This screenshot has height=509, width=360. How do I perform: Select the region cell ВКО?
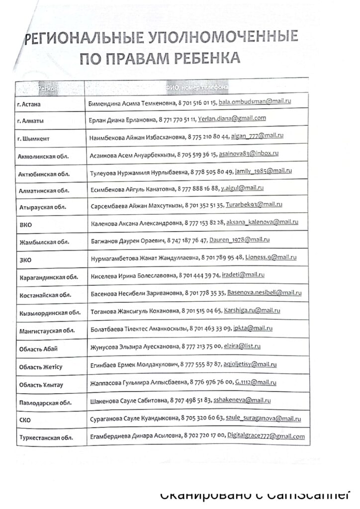click(x=24, y=225)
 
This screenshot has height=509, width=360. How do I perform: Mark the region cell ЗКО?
click(x=24, y=259)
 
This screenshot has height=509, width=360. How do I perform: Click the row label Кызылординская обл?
click(x=48, y=313)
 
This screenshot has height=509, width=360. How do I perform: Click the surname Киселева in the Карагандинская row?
click(x=105, y=275)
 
